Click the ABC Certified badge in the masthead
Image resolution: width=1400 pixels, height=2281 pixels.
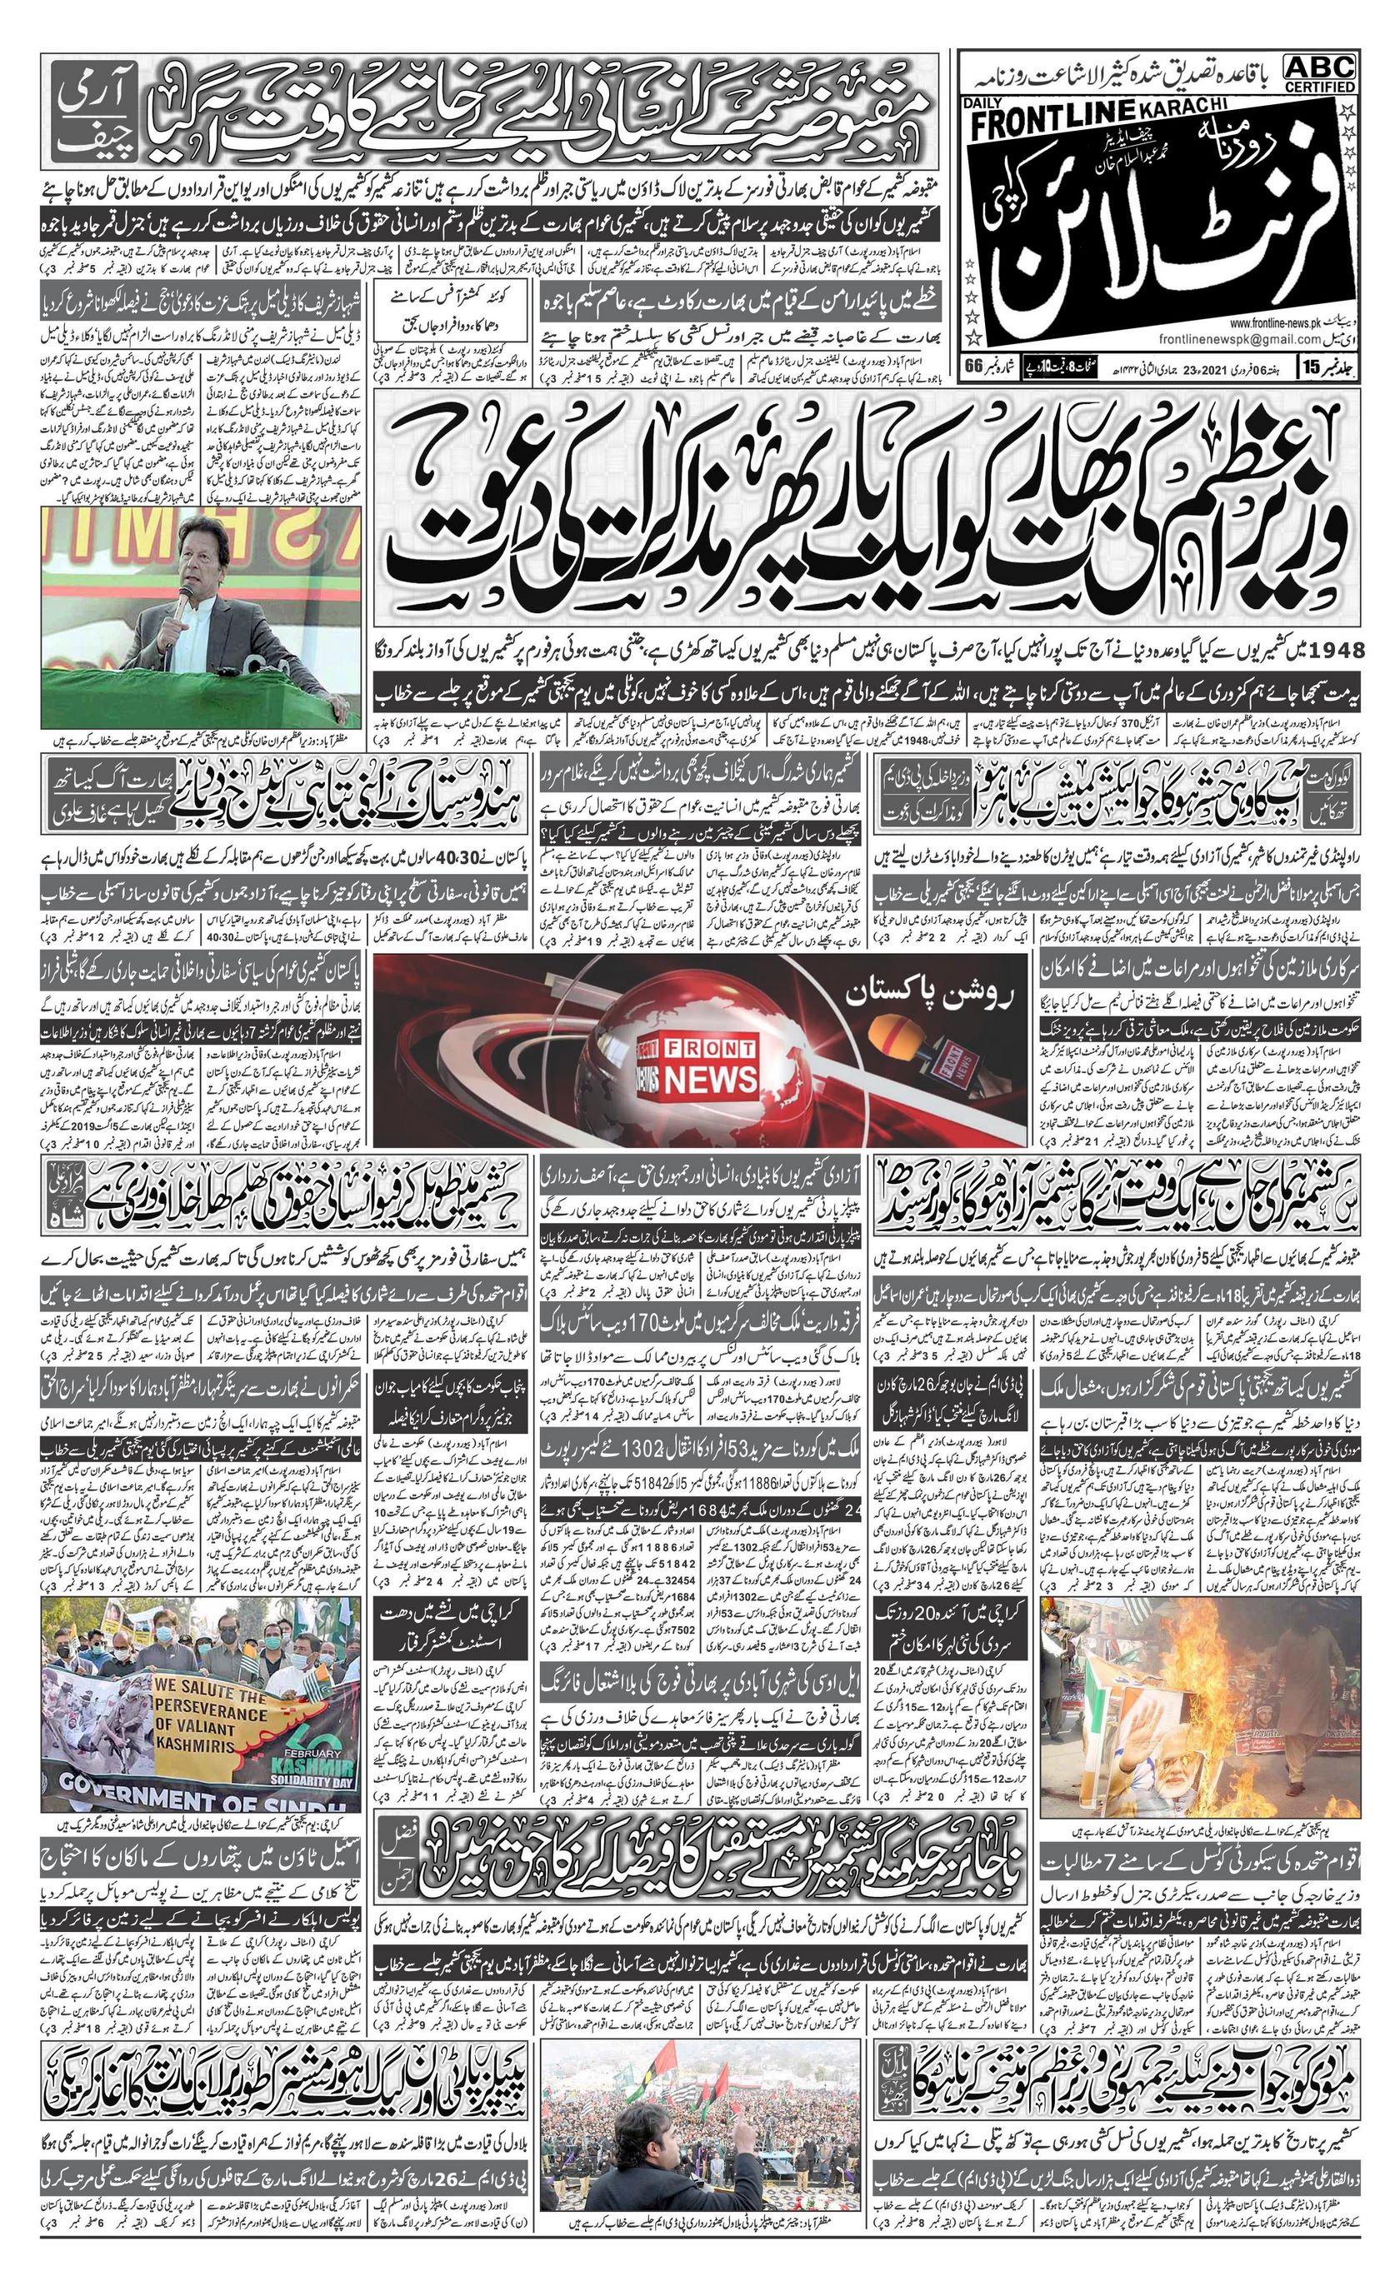[x=1318, y=72]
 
